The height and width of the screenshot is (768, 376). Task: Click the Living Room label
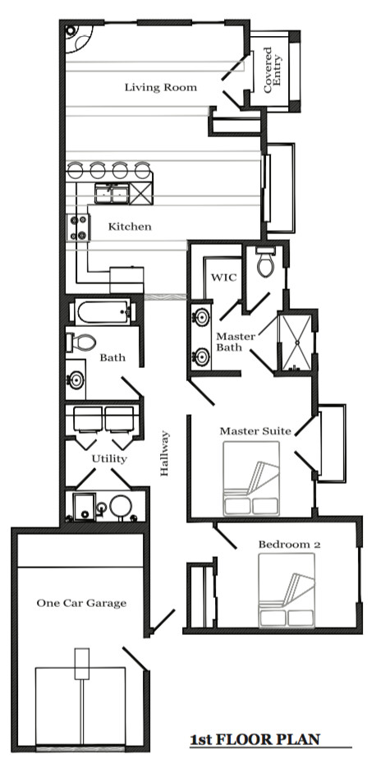pos(161,88)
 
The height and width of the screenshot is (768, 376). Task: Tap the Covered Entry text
pos(273,70)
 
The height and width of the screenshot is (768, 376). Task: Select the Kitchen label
pos(130,227)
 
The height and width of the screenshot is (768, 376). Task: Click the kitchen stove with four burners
pos(78,228)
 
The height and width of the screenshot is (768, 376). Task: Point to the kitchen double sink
pos(112,194)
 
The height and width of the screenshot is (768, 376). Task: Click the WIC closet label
pos(223,278)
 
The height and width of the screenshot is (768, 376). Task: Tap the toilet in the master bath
pos(266,262)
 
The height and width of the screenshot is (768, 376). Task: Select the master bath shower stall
pos(294,343)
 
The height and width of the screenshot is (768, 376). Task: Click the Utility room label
pos(109,459)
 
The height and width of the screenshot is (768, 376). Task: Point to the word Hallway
pos(164,453)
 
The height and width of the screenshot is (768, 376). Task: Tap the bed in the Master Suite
pos(251,478)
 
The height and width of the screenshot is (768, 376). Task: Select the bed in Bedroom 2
pos(287,590)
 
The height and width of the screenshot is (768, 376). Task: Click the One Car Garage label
pos(81,603)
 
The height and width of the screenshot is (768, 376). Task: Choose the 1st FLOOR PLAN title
pos(255,739)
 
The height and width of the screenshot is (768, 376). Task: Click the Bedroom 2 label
pos(289,544)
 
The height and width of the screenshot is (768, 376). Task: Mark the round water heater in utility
pos(119,507)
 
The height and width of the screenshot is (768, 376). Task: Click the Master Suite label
pos(255,431)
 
